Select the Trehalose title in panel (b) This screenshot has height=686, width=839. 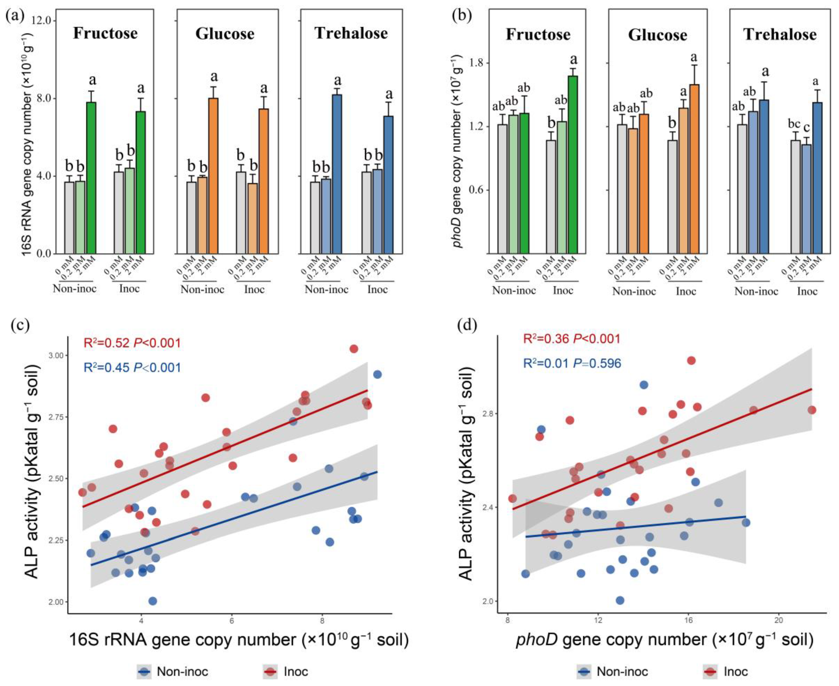pos(780,35)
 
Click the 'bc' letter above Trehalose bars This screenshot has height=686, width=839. pos(794,124)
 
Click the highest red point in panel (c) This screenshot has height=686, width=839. pos(354,348)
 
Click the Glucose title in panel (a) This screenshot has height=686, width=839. pos(225,34)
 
